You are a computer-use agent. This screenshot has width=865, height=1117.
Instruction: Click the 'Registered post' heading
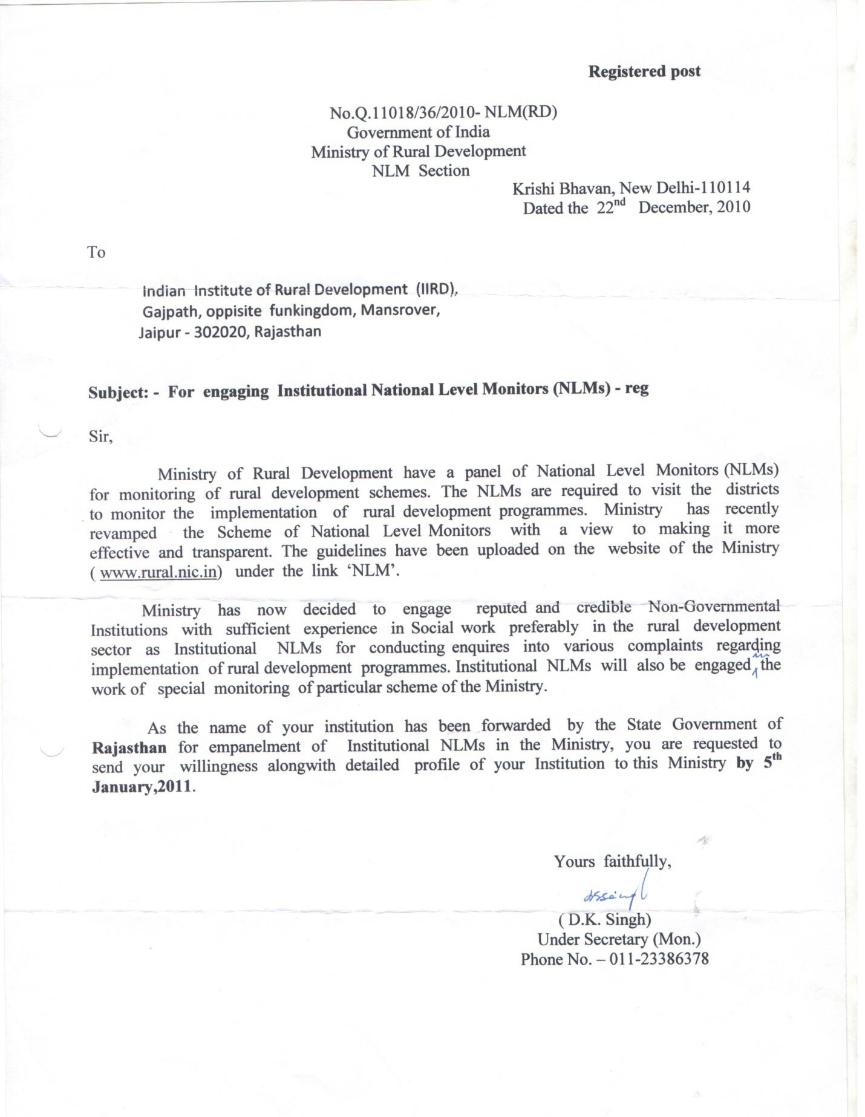click(x=644, y=71)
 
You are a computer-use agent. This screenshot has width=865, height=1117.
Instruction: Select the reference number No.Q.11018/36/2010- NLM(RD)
click(x=442, y=112)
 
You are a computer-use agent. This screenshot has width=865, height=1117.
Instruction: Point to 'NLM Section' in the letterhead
click(x=420, y=171)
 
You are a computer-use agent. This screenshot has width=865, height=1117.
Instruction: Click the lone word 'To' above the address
click(x=96, y=252)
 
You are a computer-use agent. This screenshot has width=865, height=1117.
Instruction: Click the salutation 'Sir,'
click(x=100, y=437)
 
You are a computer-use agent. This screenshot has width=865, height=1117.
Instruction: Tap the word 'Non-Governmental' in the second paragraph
click(x=714, y=607)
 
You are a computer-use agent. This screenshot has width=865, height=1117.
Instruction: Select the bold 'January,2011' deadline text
click(x=143, y=787)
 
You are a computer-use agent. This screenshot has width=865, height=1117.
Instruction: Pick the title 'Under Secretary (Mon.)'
click(x=619, y=939)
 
